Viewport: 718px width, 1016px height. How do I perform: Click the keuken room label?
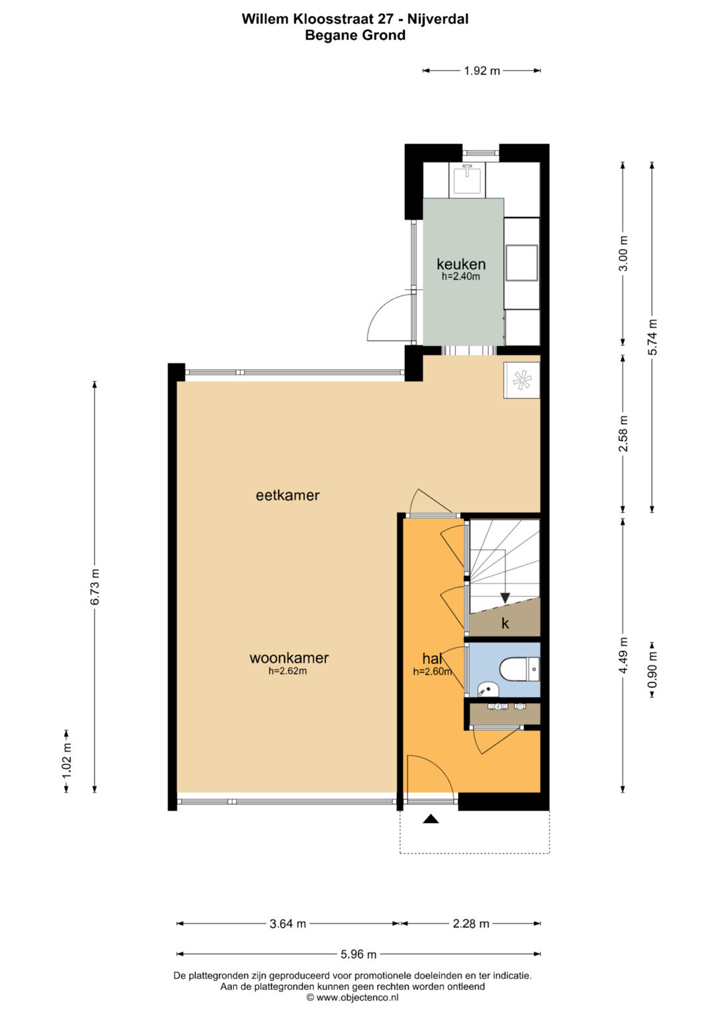(x=461, y=264)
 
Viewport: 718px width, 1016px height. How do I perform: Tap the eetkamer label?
(x=288, y=495)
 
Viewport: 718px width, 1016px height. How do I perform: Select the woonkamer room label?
(x=289, y=657)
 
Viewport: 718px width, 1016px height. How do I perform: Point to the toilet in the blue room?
(x=519, y=669)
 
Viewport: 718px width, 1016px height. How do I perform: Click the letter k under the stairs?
(x=505, y=623)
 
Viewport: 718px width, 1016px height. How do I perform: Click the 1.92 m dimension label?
(x=482, y=71)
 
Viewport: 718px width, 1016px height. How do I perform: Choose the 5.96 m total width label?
(x=358, y=954)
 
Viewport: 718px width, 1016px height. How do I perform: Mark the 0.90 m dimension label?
(x=652, y=669)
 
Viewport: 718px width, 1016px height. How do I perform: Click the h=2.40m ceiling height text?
(x=461, y=276)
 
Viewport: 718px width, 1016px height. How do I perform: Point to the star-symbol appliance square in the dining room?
(x=521, y=380)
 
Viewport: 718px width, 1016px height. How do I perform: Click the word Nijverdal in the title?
(x=438, y=19)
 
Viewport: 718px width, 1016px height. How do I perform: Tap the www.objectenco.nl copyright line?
(x=352, y=997)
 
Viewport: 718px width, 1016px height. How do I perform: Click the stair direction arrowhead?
(x=505, y=598)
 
